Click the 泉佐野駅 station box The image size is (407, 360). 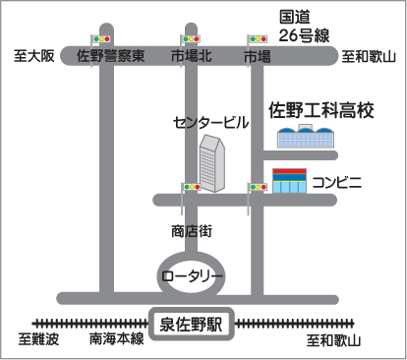point(192,324)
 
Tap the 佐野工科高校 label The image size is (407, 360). point(321,110)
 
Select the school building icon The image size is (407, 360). point(306,136)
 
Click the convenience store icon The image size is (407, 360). point(290,181)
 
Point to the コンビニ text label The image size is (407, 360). point(337,182)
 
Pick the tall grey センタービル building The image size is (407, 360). point(212,163)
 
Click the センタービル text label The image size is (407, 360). point(211,123)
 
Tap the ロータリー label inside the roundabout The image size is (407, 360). point(192,276)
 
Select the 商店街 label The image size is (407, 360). point(192,231)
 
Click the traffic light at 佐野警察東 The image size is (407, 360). point(101,39)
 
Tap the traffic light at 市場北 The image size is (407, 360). point(191,39)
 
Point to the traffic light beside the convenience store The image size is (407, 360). point(258,187)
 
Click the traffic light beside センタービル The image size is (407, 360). point(191,187)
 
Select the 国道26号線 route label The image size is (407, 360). point(304,27)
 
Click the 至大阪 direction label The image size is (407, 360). point(34,56)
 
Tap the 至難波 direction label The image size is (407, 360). point(38,339)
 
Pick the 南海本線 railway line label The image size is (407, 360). point(117,338)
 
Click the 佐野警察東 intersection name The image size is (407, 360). point(111,56)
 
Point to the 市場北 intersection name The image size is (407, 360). point(192,56)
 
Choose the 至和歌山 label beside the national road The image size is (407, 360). point(369,57)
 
